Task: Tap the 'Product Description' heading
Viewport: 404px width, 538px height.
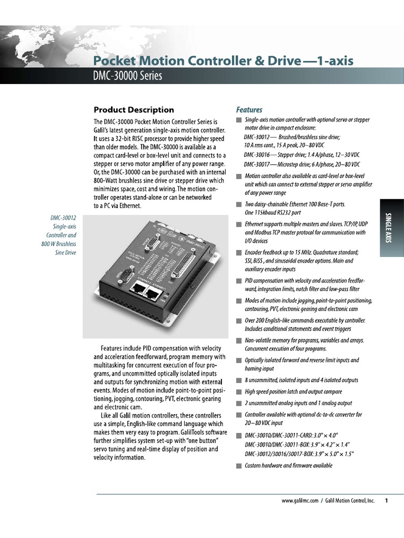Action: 133,110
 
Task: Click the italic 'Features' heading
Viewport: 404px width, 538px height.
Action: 249,110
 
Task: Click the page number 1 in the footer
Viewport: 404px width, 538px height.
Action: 386,501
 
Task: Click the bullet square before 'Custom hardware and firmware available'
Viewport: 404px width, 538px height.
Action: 239,465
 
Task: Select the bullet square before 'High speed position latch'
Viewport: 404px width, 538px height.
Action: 239,392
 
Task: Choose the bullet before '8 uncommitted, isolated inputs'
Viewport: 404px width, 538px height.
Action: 239,380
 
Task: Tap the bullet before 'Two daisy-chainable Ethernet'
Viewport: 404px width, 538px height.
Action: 239,204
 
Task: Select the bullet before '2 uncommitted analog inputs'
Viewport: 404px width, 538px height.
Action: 239,403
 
